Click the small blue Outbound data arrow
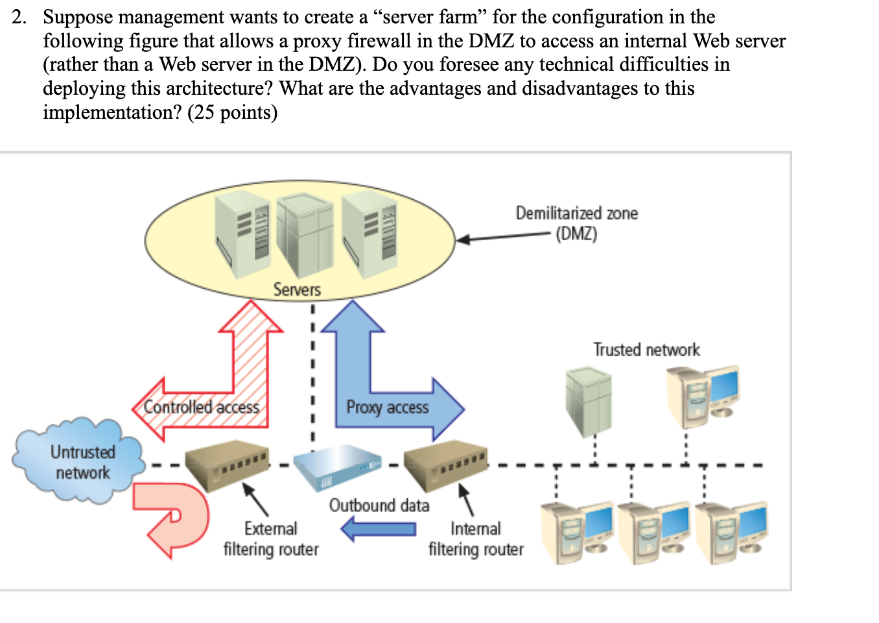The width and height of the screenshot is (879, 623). pyautogui.click(x=379, y=528)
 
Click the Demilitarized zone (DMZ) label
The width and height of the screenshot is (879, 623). pyautogui.click(x=576, y=223)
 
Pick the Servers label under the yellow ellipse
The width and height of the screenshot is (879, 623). pyautogui.click(x=297, y=289)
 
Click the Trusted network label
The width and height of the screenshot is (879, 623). pyautogui.click(x=646, y=350)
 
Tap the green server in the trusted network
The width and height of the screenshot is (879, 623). pyautogui.click(x=589, y=400)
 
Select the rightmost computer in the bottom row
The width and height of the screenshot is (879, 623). pyautogui.click(x=731, y=531)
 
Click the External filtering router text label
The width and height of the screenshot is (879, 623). pyautogui.click(x=271, y=539)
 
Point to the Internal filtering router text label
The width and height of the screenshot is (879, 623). pyautogui.click(x=476, y=539)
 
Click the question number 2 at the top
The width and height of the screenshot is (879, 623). pyautogui.click(x=19, y=17)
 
